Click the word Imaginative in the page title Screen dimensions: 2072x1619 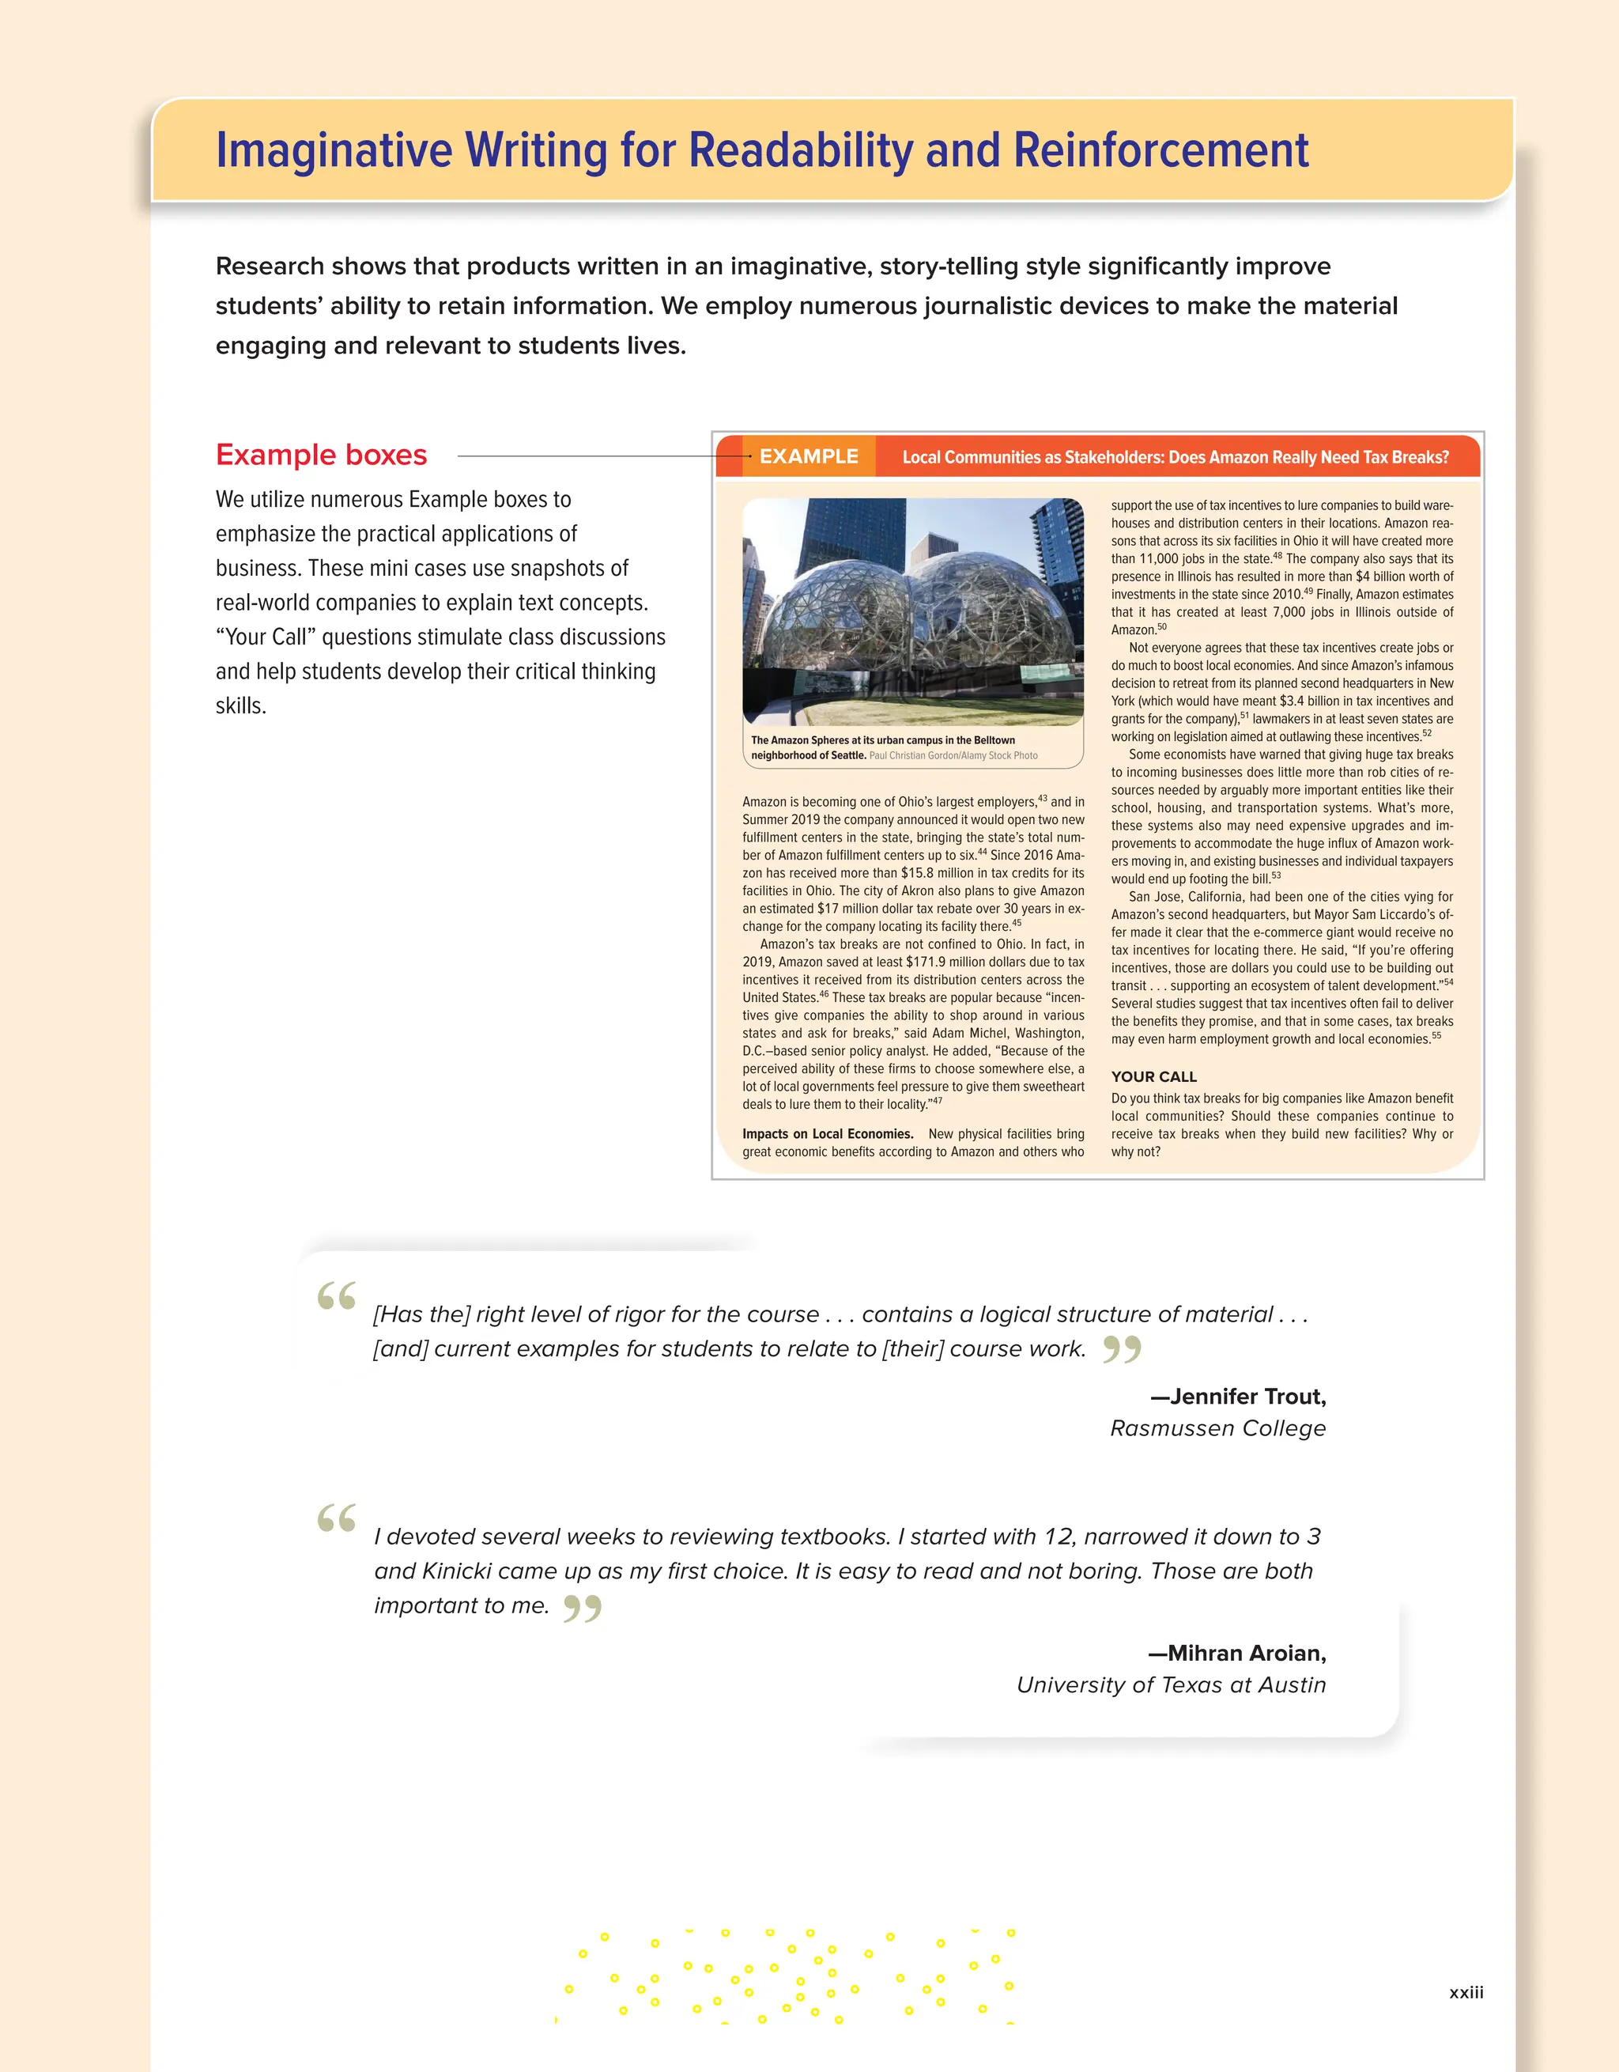click(334, 151)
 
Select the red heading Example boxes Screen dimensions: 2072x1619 click(321, 455)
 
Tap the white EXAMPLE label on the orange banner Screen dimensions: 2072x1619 click(808, 456)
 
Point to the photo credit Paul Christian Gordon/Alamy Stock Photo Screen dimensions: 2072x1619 click(953, 756)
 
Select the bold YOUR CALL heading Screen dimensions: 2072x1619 click(1153, 1077)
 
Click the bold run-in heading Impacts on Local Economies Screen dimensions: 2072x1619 click(827, 1134)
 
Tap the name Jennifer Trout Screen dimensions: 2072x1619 click(1246, 1397)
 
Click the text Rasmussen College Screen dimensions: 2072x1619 click(1217, 1429)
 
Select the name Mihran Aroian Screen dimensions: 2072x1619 click(1245, 1654)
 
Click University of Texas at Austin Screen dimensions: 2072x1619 click(1171, 1686)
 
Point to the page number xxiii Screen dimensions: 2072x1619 click(1466, 1993)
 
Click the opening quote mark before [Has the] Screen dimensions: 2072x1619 click(337, 1296)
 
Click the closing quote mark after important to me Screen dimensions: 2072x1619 click(583, 1609)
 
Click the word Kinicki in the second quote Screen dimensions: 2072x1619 click(456, 1571)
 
